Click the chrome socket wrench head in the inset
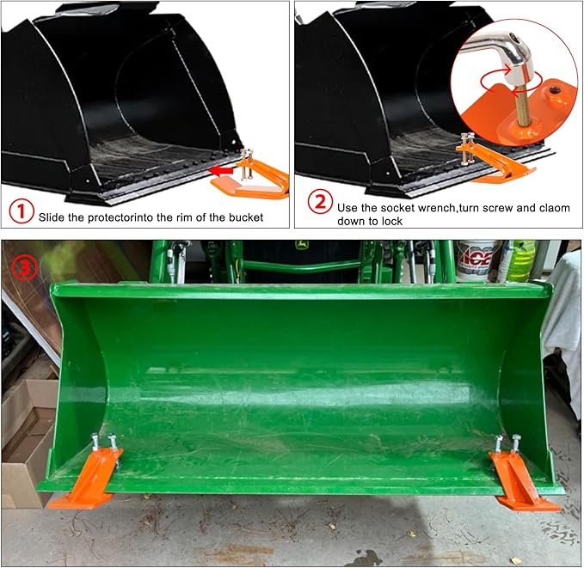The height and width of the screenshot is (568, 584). point(511,61)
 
